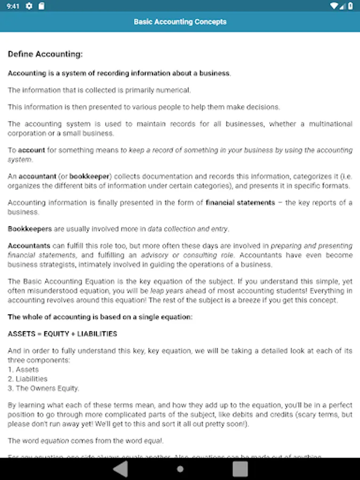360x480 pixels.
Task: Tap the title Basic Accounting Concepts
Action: tap(180, 22)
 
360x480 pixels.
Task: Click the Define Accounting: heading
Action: tap(45, 54)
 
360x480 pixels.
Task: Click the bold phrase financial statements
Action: tap(241, 203)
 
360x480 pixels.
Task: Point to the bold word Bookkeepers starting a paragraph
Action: tap(30, 229)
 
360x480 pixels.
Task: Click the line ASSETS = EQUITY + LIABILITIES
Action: tap(62, 334)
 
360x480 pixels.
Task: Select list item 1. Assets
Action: tap(23, 370)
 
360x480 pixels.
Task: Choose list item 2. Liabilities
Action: tap(28, 379)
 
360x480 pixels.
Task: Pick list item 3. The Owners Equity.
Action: tap(44, 388)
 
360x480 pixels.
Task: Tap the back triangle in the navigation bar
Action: tap(121, 469)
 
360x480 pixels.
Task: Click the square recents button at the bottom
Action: tap(240, 469)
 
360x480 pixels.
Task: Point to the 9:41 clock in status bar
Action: tap(13, 6)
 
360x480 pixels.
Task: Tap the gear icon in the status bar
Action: tap(29, 6)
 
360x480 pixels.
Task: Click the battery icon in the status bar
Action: tap(350, 6)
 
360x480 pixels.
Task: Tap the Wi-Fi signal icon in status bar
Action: tap(334, 6)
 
